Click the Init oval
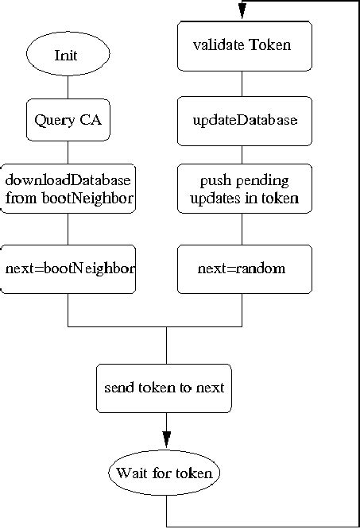[x=67, y=55]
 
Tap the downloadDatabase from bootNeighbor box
[x=68, y=188]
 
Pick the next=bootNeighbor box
[x=68, y=268]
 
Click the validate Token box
[x=244, y=44]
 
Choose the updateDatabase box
[x=244, y=120]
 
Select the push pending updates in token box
[x=244, y=188]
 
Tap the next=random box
[x=244, y=268]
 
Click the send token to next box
[x=165, y=388]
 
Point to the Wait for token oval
[x=165, y=473]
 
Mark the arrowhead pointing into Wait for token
[x=166, y=439]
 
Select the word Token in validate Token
[x=270, y=44]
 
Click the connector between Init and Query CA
[x=68, y=87]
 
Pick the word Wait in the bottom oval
[x=131, y=473]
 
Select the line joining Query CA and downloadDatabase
[x=68, y=153]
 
